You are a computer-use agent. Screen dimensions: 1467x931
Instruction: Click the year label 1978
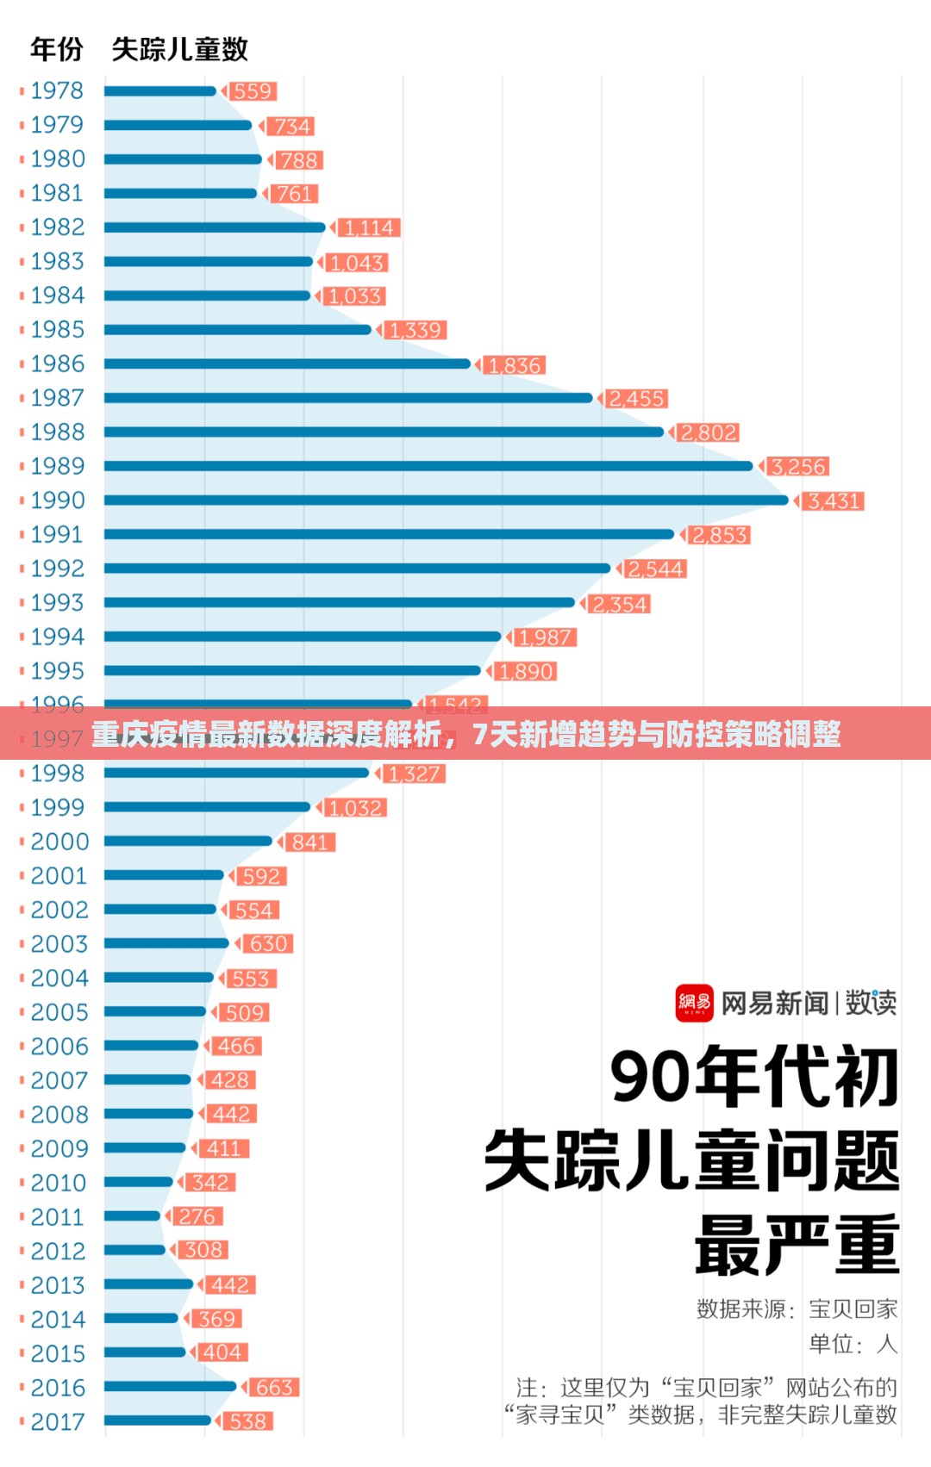57,90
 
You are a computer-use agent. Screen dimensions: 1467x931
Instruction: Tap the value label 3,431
833,501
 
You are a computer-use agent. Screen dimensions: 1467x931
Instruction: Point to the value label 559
252,91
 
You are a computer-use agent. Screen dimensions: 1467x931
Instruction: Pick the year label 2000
59,842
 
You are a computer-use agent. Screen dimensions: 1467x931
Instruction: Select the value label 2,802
709,432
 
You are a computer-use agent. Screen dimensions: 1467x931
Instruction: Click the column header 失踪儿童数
179,49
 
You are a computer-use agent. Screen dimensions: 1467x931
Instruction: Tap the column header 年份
56,49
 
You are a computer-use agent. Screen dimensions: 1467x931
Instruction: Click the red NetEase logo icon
694,1003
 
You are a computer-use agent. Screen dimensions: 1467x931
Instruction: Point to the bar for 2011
132,1216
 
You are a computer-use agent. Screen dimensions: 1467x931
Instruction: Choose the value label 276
197,1216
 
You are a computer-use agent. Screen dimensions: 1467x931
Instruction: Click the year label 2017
58,1421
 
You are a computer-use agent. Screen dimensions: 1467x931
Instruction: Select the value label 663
274,1387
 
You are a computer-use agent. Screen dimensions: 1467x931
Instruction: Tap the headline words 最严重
797,1245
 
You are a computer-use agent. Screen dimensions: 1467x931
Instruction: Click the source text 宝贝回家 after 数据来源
853,1309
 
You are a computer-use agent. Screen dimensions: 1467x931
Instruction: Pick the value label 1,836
515,365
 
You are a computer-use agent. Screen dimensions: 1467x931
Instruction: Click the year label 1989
57,466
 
